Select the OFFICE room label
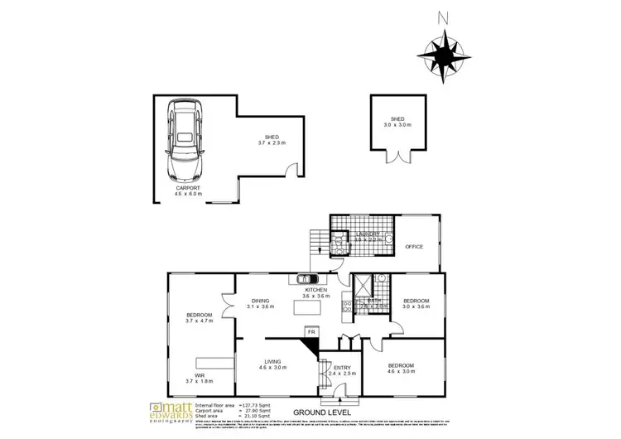(x=414, y=247)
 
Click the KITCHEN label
(x=316, y=289)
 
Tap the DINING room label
(x=260, y=301)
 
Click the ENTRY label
(x=341, y=366)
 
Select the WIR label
(x=200, y=374)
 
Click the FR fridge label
(x=311, y=331)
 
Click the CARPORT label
(x=188, y=188)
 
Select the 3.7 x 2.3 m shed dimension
(x=271, y=143)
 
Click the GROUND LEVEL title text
(x=322, y=412)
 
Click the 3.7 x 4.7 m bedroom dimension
(x=200, y=321)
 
